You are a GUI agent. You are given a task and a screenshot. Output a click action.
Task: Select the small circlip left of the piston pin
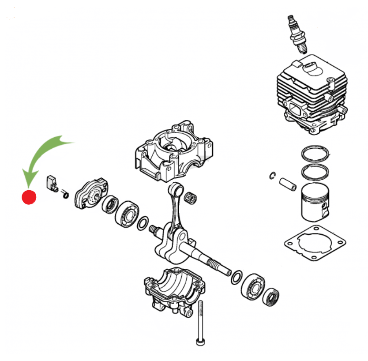pos(273,176)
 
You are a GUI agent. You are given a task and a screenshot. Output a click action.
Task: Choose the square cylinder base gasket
pos(315,241)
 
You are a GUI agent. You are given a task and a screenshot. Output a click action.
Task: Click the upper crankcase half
pos(173,150)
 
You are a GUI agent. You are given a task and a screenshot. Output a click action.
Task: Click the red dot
pos(29,197)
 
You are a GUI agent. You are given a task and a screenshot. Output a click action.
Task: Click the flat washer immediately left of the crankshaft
pos(143,223)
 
